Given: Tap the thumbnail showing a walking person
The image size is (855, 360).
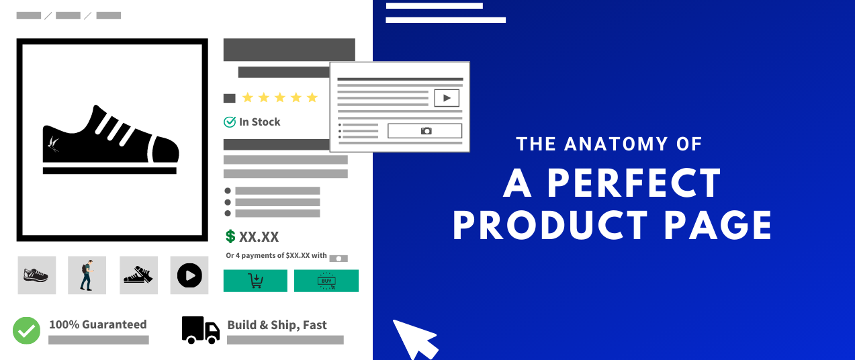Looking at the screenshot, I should coord(87,275).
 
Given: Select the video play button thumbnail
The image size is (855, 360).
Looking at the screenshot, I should coord(189,275).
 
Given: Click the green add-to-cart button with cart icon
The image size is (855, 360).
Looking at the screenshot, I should coord(255,281).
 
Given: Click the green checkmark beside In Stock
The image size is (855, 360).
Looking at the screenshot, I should coord(230,122).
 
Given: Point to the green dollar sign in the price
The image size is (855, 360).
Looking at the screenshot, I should coord(230,236).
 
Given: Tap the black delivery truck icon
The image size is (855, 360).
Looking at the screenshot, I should coord(200,330).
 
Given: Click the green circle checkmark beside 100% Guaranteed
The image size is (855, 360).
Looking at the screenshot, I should coord(27,330).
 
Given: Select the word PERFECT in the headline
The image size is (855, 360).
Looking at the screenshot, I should coord(634,182).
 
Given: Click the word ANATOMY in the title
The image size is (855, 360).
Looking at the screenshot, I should coord(620,144).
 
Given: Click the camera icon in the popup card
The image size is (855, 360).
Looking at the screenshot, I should coord(426,131).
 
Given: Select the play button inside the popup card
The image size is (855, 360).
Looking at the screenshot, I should coord(446,98).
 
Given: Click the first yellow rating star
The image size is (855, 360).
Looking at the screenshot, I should coord(247,98).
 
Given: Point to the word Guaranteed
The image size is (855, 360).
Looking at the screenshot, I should coord(115,324).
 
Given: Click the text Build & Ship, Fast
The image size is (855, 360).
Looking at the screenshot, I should coord(277,325).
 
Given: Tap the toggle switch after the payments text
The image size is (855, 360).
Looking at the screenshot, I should coord(339,258).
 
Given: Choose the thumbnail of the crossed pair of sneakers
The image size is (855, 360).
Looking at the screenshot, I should coord(138,275).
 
